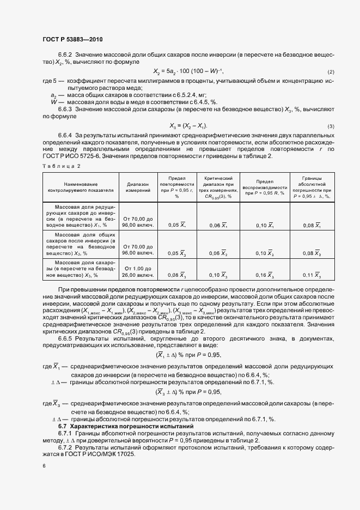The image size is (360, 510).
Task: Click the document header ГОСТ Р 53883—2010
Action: pos(72,39)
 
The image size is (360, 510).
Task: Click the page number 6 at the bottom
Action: pos(44,466)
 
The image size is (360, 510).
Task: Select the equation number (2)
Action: pos(331,72)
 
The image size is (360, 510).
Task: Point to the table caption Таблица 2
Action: pos(61,165)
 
